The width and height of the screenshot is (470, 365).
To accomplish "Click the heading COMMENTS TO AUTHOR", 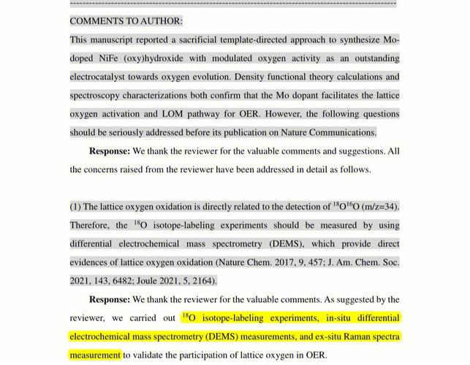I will click(x=126, y=21).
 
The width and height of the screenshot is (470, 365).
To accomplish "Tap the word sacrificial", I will click(x=208, y=39).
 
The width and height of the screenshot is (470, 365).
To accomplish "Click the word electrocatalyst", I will click(x=102, y=77).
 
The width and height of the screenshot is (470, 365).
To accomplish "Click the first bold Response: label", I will click(x=109, y=151).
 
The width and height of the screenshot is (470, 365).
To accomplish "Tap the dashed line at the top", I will click(x=234, y=3).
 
